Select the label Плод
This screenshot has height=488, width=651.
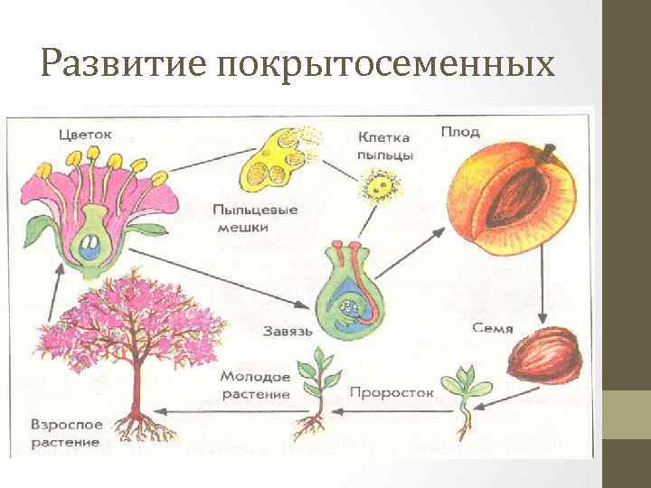point(460,132)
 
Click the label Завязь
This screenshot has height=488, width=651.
point(289,331)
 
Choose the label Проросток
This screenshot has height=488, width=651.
point(392,393)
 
